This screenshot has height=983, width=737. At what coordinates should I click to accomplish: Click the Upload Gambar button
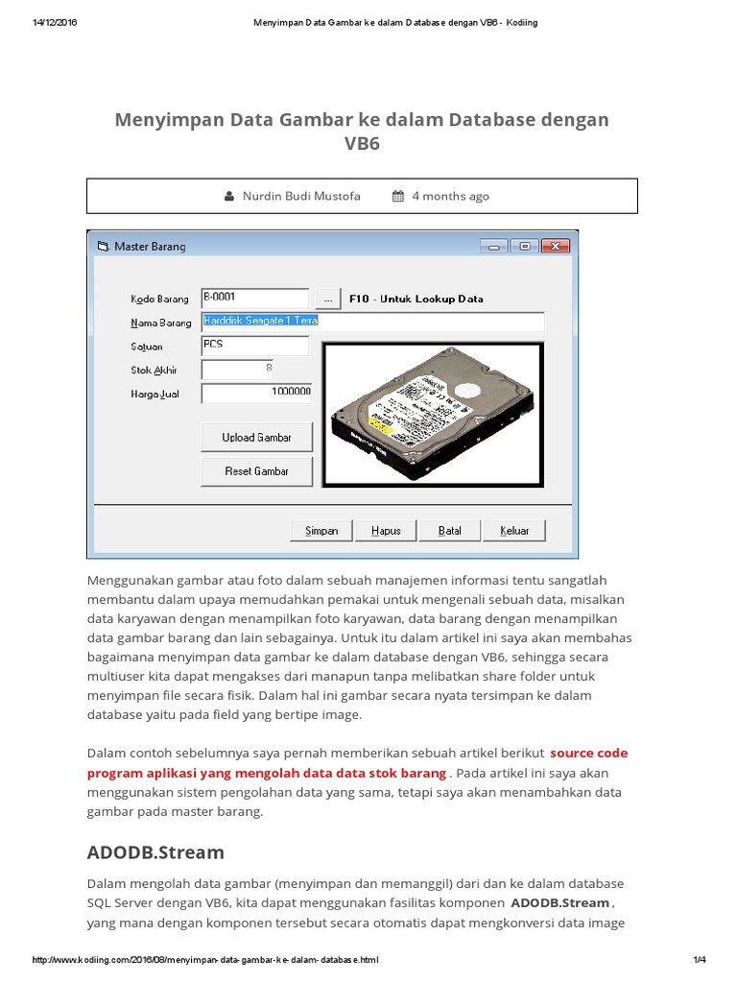[256, 437]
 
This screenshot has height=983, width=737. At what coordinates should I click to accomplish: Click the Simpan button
[321, 530]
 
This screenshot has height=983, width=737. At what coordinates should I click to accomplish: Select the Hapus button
[386, 530]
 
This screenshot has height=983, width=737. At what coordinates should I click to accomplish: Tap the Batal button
[449, 530]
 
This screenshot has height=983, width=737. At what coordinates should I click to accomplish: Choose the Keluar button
[514, 530]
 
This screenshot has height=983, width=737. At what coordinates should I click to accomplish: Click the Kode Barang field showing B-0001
[254, 299]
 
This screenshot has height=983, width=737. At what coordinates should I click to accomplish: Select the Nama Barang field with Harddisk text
[372, 321]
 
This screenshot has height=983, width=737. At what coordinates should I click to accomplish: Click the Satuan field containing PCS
[254, 345]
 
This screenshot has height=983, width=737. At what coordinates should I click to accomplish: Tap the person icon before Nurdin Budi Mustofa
[229, 197]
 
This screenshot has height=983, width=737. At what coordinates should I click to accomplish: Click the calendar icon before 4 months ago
[398, 197]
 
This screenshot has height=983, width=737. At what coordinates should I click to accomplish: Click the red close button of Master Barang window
[554, 246]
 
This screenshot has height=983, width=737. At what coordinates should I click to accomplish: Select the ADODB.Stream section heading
[155, 851]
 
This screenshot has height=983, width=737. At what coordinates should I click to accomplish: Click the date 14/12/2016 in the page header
[54, 23]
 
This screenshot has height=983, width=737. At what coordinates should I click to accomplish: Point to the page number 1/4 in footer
[699, 960]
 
